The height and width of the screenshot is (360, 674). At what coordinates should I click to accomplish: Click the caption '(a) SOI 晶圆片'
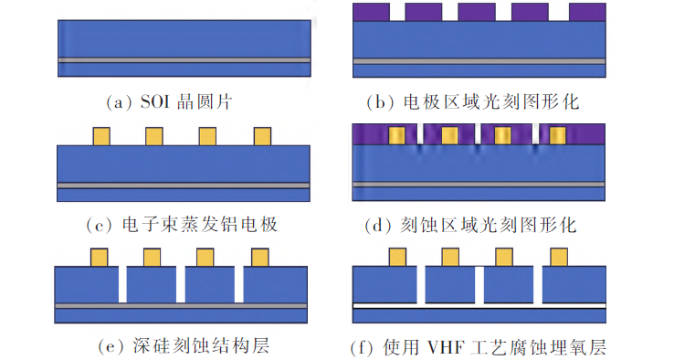coord(169,102)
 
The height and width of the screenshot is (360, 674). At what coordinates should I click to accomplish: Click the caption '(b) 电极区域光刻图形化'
coord(473,102)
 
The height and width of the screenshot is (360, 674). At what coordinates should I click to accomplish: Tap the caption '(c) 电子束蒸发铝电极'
coord(182,225)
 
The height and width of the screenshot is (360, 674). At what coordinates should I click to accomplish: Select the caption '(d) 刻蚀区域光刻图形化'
coord(470,225)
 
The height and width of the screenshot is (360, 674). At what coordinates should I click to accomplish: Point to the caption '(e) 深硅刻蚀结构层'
coord(184,346)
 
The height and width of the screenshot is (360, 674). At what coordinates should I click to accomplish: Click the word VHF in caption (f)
coord(445,347)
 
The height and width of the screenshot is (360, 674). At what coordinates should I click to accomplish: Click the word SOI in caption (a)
coord(154,102)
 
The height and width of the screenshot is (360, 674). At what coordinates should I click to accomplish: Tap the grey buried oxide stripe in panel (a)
coord(184,60)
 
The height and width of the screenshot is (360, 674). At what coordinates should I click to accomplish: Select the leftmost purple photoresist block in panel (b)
coord(371,12)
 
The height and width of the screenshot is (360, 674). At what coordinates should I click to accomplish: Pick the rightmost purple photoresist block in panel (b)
coord(587,12)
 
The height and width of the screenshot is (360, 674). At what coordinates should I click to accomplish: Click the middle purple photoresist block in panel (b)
coord(477,12)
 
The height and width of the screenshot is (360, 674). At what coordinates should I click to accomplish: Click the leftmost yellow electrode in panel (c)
coord(101,136)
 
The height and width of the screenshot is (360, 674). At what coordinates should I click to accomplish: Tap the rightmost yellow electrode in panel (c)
coord(262,136)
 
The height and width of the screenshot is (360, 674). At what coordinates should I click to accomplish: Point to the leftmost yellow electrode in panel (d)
coord(396,135)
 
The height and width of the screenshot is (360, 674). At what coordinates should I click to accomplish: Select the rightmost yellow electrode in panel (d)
coord(557,135)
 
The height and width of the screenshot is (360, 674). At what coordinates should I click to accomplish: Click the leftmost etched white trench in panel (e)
coord(122,285)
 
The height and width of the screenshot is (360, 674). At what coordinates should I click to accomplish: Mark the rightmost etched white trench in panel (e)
coord(239,285)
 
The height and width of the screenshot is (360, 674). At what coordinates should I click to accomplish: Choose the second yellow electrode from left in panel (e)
coord(153,257)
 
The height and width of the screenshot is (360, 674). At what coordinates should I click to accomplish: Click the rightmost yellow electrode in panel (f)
coord(559,257)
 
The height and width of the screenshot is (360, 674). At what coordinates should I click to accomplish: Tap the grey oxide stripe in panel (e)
coord(181,306)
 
